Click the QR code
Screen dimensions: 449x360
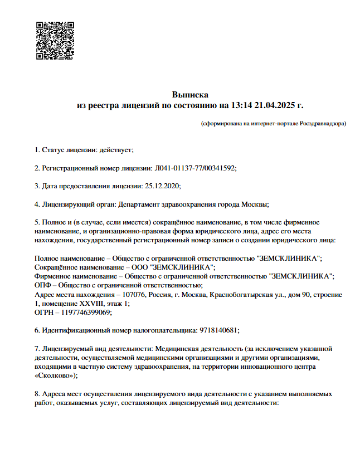pos(55,40)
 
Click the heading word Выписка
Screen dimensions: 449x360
pos(189,95)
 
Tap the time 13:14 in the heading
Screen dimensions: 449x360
pos(241,105)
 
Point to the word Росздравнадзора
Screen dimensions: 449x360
pos(322,123)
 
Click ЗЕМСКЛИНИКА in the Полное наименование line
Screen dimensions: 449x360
pos(290,259)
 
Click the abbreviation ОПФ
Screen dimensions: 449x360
pos(43,285)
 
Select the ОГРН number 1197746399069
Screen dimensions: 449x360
pos(88,313)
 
